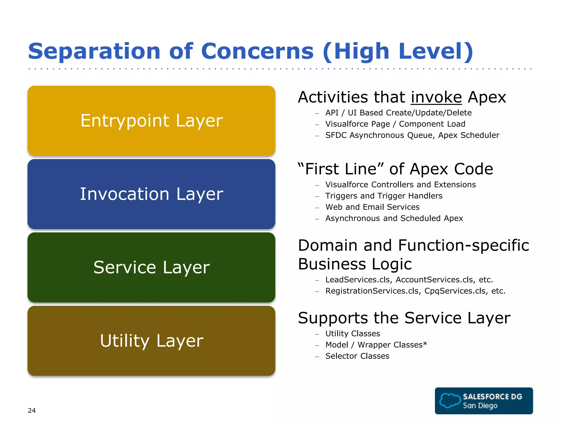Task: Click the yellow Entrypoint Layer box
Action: [151, 121]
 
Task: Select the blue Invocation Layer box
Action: [151, 194]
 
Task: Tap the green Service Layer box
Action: [151, 268]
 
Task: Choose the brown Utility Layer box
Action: [151, 341]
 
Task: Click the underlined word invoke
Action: [436, 97]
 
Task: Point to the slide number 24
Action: [32, 410]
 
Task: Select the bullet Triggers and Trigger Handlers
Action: [384, 196]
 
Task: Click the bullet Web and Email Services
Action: [372, 207]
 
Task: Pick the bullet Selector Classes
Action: [357, 356]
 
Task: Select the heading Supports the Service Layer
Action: [404, 318]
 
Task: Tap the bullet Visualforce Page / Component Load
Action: [395, 124]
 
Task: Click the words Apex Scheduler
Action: [468, 135]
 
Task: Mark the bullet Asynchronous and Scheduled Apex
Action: [394, 218]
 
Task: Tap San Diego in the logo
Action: [480, 405]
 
